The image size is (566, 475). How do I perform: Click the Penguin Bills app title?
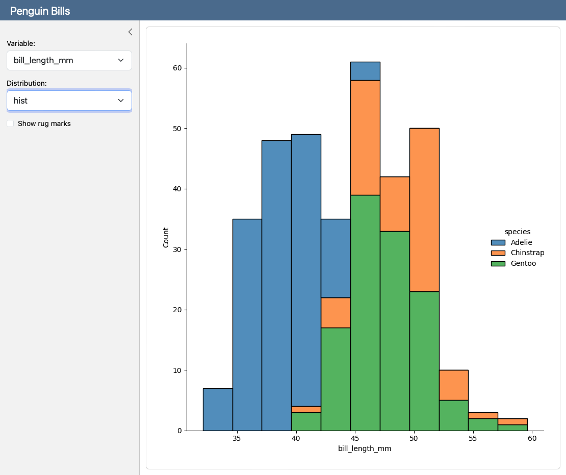[40, 11]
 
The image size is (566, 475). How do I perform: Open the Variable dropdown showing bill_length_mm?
[69, 60]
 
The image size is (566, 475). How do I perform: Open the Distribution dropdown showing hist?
[69, 101]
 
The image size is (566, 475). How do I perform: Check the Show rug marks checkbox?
[10, 123]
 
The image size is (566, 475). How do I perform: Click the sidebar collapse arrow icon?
[130, 32]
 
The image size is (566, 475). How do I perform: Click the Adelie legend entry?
[521, 242]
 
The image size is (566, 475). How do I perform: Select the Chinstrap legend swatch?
[498, 253]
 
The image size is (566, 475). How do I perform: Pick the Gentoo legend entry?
[523, 263]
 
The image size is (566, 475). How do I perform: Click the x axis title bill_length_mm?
[365, 448]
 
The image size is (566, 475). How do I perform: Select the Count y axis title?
[166, 238]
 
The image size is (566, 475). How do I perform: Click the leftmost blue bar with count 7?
[218, 409]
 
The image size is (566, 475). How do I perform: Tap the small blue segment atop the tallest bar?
[365, 71]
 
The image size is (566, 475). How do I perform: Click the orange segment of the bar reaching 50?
[424, 209]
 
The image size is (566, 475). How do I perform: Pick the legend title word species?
[518, 232]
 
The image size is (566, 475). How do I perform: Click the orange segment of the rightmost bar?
[512, 421]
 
